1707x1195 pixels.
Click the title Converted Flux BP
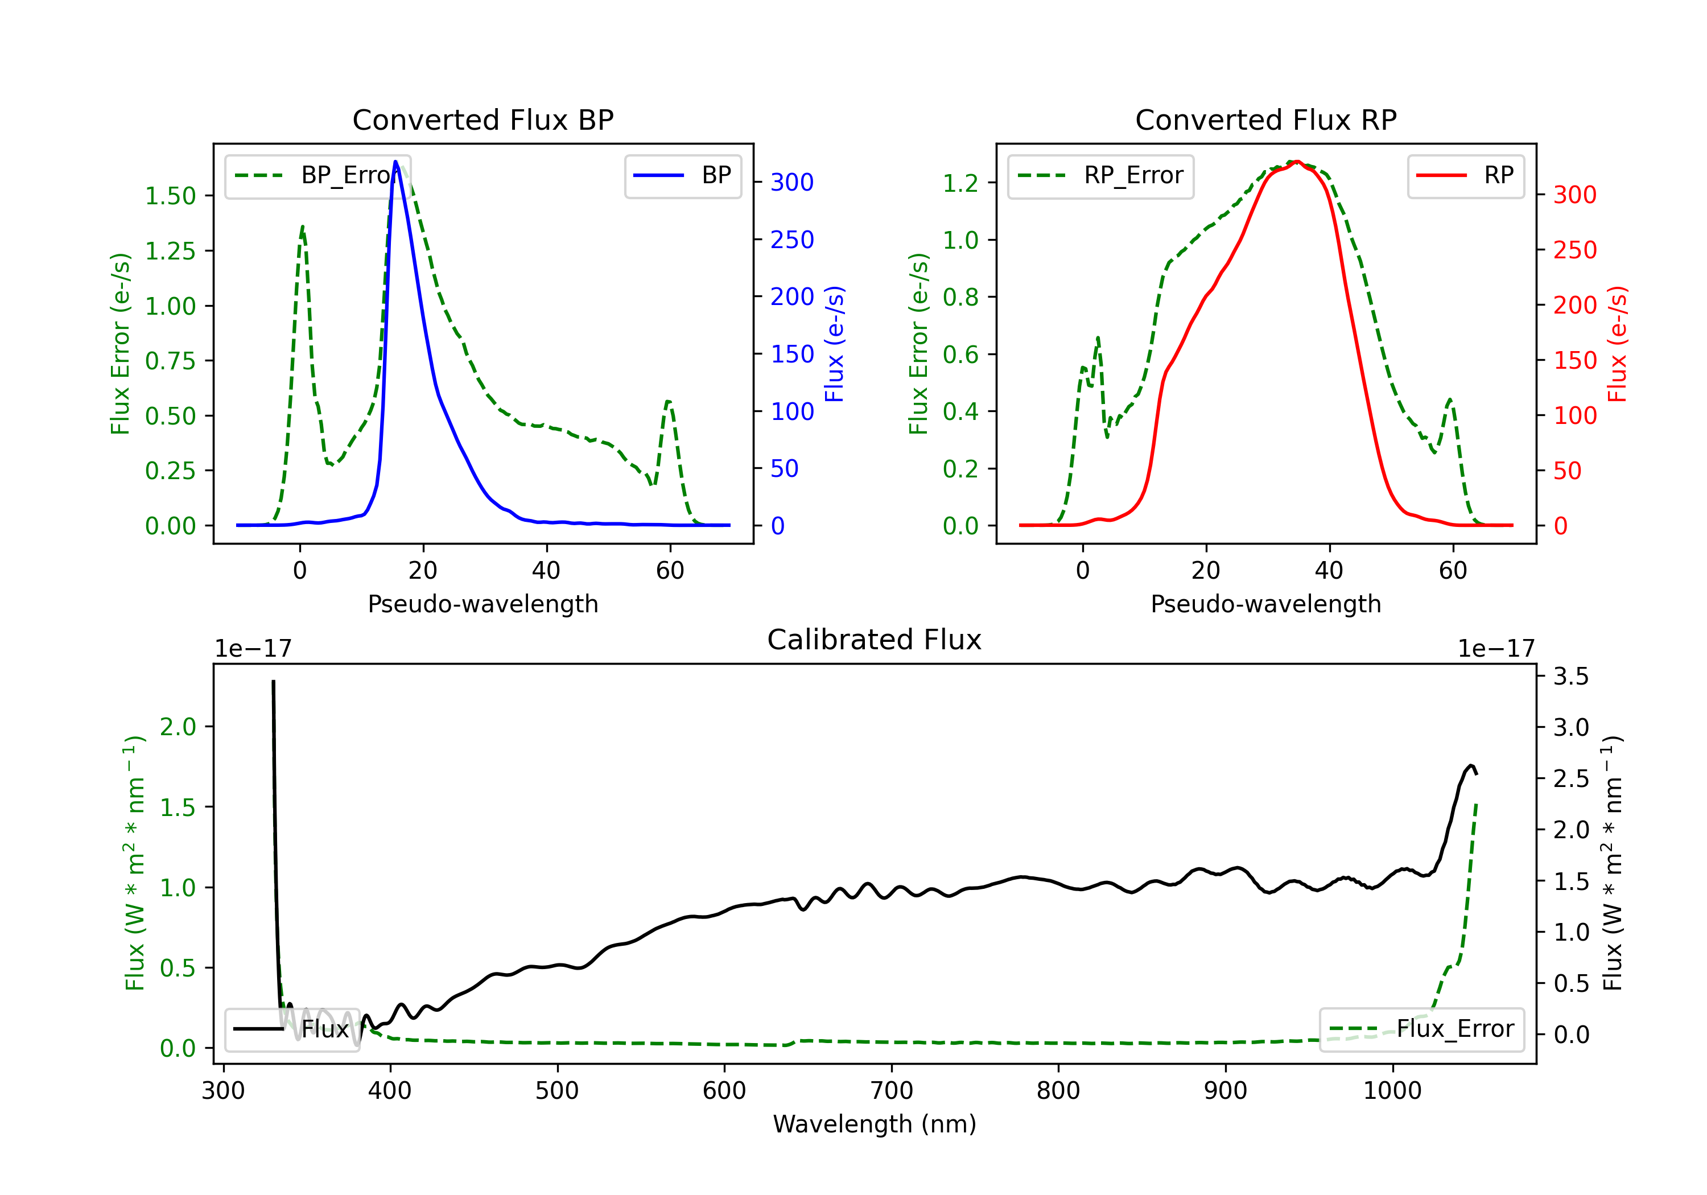[483, 119]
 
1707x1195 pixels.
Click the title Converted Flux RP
[1265, 119]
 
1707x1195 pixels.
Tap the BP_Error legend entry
[318, 175]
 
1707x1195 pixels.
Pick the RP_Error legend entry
[1101, 175]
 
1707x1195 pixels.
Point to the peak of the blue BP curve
[395, 162]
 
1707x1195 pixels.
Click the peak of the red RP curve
[1296, 162]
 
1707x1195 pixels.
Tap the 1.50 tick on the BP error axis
[170, 196]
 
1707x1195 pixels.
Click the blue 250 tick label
[792, 240]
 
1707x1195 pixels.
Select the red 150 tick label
[1574, 360]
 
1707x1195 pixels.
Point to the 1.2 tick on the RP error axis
[960, 182]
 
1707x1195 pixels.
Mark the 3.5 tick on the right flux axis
[1571, 676]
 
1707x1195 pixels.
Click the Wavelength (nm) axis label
[875, 1124]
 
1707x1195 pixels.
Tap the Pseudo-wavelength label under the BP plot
[483, 604]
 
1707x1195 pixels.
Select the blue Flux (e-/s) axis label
[834, 344]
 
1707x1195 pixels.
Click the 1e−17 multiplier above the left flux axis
[253, 649]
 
